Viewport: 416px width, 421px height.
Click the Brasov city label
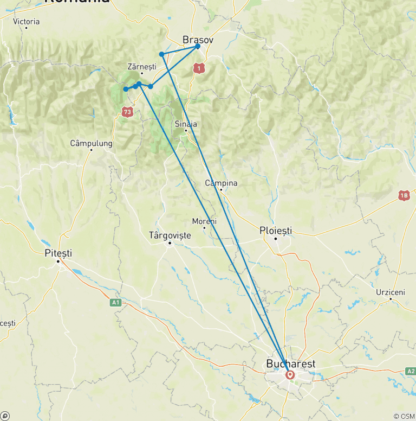(x=198, y=40)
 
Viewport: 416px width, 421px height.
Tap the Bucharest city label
(x=290, y=363)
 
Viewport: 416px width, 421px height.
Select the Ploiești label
(x=275, y=231)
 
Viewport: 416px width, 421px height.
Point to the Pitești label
(x=58, y=253)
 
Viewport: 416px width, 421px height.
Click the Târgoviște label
(x=170, y=235)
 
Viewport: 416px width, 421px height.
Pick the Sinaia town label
(x=186, y=124)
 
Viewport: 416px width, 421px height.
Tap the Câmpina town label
(x=221, y=183)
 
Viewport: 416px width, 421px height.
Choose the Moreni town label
(x=204, y=221)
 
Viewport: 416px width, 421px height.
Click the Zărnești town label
(x=141, y=66)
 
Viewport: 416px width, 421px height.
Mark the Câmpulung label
(x=91, y=144)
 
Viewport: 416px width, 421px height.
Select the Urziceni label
(x=390, y=292)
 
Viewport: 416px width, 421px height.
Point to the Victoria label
(x=27, y=22)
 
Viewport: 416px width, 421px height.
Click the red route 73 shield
(x=127, y=112)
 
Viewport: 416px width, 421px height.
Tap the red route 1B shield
(x=404, y=195)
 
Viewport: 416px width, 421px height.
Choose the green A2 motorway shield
(x=411, y=371)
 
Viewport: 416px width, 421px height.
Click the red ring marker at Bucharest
(x=290, y=375)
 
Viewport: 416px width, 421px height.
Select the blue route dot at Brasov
(x=198, y=46)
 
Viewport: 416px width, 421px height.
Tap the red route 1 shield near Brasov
(x=200, y=68)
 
